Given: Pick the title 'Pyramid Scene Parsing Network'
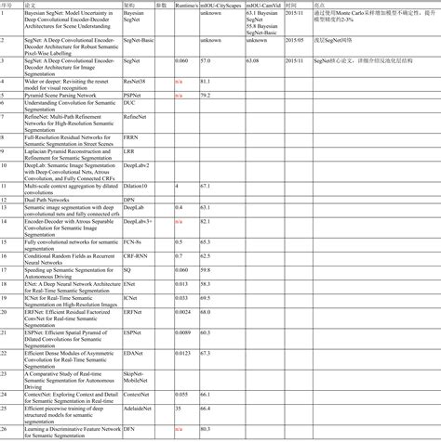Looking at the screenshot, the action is [x=60, y=96].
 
